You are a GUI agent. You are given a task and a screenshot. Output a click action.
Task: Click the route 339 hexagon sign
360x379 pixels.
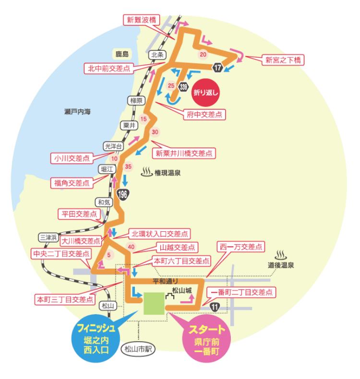[182, 87]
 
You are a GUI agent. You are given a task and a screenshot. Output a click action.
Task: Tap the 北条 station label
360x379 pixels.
[158, 55]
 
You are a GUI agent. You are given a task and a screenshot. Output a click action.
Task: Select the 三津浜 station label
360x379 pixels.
[48, 237]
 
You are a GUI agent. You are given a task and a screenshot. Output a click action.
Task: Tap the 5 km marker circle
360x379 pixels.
[109, 255]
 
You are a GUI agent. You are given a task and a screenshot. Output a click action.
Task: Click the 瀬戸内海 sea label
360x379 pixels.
[77, 112]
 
